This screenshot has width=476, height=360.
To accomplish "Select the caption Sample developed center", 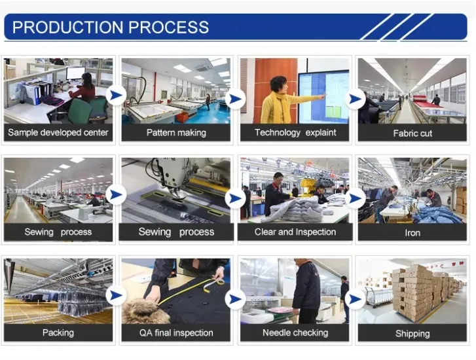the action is point(58,132).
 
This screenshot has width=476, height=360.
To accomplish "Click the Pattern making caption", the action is point(176,132).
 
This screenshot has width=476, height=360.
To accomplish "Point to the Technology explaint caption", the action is point(295,132).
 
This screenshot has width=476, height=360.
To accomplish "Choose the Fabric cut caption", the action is point(412,133).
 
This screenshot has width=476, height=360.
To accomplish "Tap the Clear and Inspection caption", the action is point(295,232).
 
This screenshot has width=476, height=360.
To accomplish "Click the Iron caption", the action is point(412,232).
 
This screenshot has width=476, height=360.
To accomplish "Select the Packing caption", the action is point(58,333).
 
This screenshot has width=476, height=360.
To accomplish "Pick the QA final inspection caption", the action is point(176,333).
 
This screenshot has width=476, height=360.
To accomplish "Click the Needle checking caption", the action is point(295,333).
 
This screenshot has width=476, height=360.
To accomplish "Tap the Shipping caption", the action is point(412,333).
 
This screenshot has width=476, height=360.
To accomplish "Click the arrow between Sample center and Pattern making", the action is point(117,96).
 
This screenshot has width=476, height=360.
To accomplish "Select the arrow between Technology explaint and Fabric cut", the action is point(355,98).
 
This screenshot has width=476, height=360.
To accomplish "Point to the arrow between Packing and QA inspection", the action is point(117,295).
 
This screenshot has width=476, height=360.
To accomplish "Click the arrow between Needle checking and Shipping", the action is point(355,298).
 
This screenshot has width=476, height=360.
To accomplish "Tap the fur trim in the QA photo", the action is point(140,313).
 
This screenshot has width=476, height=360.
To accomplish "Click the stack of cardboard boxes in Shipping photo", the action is point(412,288).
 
